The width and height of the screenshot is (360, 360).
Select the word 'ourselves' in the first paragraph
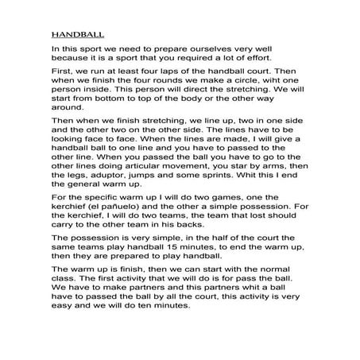(221, 49)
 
